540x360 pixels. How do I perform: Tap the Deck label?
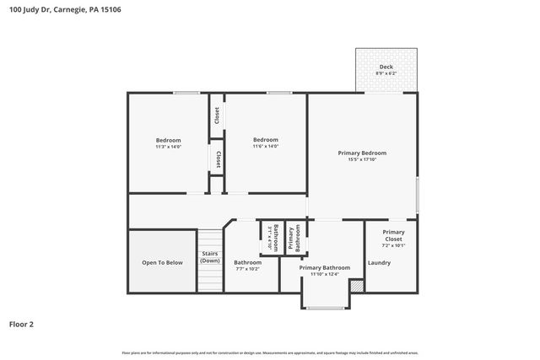(x=386, y=67)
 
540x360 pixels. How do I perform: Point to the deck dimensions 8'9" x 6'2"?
(x=386, y=73)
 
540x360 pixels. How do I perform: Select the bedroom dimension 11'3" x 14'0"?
(x=168, y=147)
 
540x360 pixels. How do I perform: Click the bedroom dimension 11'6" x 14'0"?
(x=266, y=147)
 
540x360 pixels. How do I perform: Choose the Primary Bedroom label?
(x=362, y=153)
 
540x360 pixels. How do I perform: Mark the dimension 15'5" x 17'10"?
(x=362, y=159)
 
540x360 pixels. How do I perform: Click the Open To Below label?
(x=162, y=262)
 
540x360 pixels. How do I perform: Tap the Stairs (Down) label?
(x=210, y=257)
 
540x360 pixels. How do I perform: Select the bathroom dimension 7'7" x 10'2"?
(x=247, y=269)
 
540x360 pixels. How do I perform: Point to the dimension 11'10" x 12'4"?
(x=324, y=274)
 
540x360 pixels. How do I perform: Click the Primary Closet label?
(x=393, y=236)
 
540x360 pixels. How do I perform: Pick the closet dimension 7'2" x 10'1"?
(x=393, y=246)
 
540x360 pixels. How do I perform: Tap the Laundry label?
(x=379, y=262)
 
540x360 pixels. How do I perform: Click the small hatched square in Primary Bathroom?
(x=356, y=287)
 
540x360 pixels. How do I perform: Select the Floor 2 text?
(x=22, y=323)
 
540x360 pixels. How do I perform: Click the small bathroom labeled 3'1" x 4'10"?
(x=271, y=238)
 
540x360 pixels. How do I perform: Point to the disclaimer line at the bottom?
(x=270, y=352)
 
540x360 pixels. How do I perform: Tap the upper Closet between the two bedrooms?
(x=217, y=116)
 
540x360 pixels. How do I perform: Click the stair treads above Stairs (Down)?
(x=210, y=239)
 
